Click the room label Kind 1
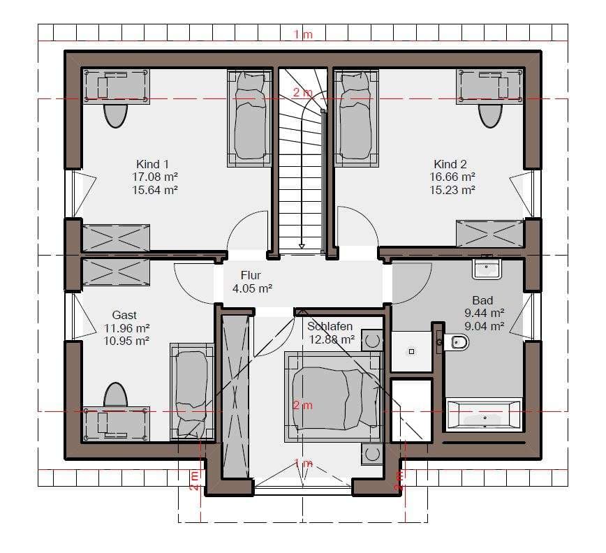point(152,164)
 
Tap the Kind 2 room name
point(450,164)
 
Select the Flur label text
point(251,275)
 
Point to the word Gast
point(124,315)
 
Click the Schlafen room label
point(330,327)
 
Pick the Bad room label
point(482,300)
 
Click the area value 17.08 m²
point(155,177)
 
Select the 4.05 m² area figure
point(252,288)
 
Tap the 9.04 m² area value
point(485,326)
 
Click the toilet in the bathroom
point(456,342)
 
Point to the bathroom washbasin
point(487,269)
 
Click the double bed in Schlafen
point(333,397)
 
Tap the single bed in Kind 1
point(250,118)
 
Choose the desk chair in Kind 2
point(490,116)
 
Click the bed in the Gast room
point(192,392)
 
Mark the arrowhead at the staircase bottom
point(302,246)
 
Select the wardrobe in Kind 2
point(489,233)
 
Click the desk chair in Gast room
point(116,395)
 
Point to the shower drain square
point(412,352)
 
